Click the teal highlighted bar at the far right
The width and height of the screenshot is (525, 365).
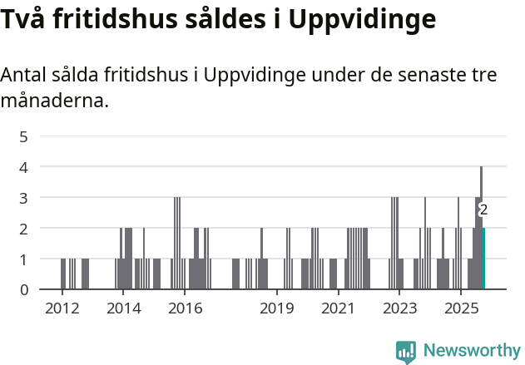tap(483, 259)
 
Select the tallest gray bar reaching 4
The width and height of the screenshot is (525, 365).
tap(481, 228)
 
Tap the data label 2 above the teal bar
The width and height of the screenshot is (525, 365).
tap(483, 210)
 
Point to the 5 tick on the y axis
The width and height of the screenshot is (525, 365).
tap(24, 136)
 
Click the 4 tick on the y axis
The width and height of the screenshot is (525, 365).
tap(24, 167)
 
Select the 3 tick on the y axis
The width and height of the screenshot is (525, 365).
tap(24, 198)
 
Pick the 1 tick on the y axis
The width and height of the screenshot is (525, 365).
tap(24, 259)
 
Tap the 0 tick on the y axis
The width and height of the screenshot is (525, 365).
tap(24, 290)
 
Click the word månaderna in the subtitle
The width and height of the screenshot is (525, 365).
tap(55, 101)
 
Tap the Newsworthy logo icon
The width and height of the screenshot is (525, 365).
tap(405, 352)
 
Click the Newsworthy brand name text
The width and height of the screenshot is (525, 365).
tap(471, 351)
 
